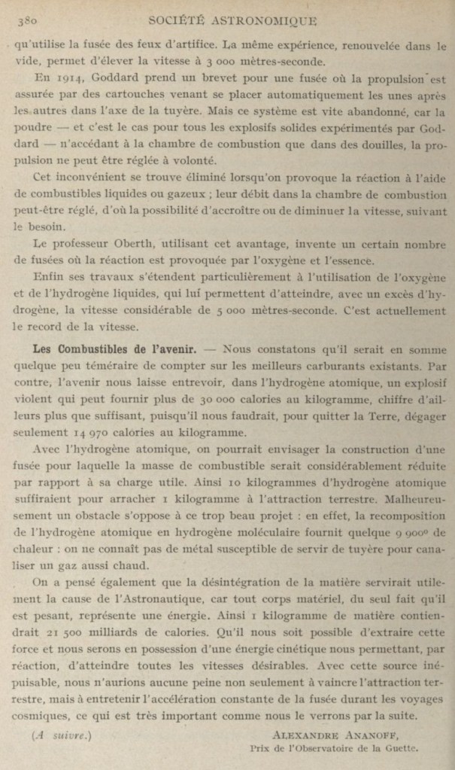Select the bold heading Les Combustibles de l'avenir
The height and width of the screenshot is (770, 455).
tap(114, 349)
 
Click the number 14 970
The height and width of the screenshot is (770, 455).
tap(93, 433)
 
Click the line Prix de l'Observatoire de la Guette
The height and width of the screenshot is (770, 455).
tap(332, 749)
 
